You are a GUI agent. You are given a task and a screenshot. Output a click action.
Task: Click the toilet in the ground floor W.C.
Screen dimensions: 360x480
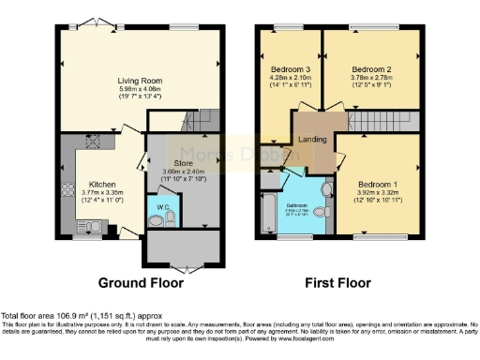pyautogui.click(x=169, y=217)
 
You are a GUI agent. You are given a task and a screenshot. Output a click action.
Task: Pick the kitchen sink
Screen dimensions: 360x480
pyautogui.click(x=96, y=225)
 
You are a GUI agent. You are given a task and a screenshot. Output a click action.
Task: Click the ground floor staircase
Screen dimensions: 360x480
pyautogui.click(x=198, y=123)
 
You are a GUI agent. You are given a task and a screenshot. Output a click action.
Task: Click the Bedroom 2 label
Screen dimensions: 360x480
pyautogui.click(x=371, y=69)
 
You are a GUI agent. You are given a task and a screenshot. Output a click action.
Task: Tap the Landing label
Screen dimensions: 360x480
pyautogui.click(x=312, y=140)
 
